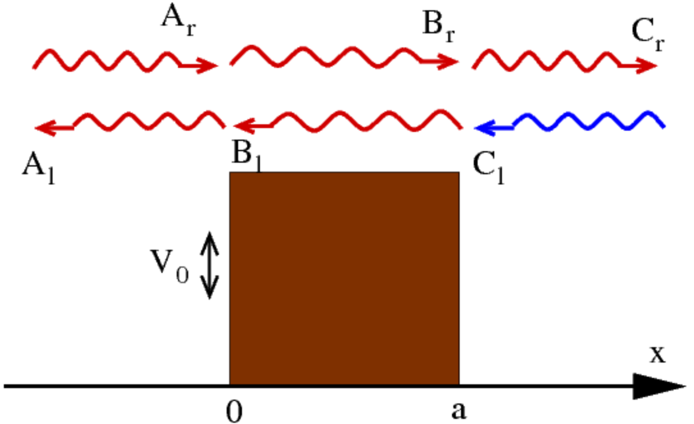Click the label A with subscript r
pos(179,21)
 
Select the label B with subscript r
pos(439,27)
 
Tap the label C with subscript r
pos(648,35)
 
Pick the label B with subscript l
pos(247,157)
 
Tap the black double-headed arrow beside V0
pos(210,265)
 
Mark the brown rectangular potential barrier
pos(344,278)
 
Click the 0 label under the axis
pos(234,411)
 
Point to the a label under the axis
pos(459,410)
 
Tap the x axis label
pos(658,354)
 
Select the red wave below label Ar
pos(125,61)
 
